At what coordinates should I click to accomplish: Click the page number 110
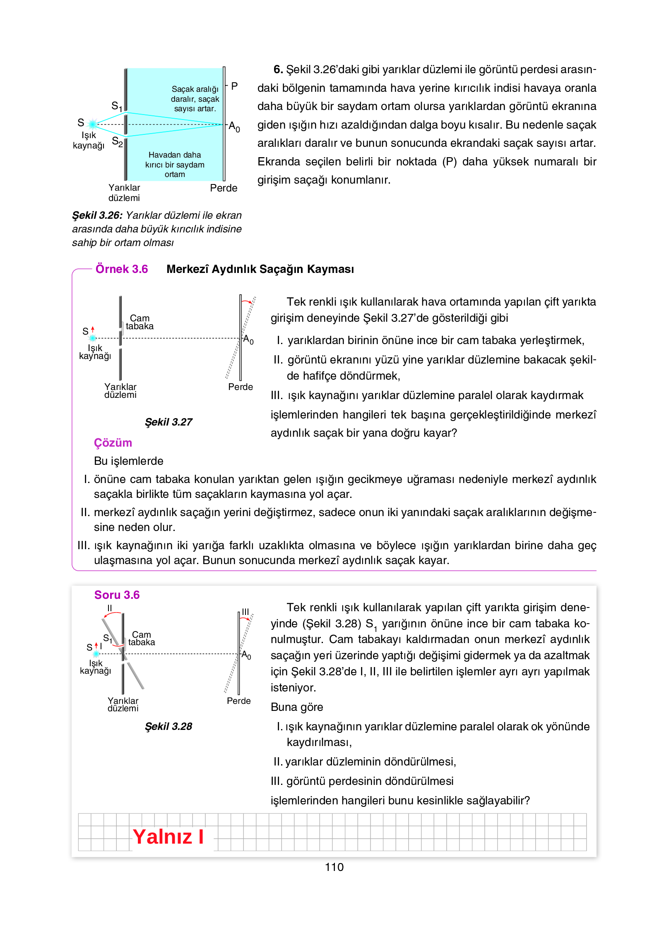pos(334,867)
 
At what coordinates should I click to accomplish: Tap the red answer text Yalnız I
pos(168,837)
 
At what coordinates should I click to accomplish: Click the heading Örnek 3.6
pos(121,269)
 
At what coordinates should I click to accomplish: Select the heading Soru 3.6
pos(117,595)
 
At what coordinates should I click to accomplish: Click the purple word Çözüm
pos(113,442)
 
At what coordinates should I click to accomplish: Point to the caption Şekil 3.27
pos(168,422)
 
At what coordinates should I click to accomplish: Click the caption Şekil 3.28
pos(168,726)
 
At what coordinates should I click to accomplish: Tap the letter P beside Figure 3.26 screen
pos(234,86)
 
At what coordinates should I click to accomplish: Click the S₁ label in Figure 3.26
pos(117,106)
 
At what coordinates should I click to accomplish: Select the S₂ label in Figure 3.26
pos(117,142)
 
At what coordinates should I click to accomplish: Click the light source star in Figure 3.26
pos(93,124)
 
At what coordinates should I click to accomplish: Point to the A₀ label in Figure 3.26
pos(234,127)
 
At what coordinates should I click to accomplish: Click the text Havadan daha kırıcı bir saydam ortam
pos(175,164)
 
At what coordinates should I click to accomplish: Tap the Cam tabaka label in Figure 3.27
pos(140,322)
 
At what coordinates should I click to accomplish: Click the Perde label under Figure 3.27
pos(240,387)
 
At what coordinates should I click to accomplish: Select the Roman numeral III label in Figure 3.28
pos(245,611)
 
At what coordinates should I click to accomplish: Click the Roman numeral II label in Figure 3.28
pos(109,608)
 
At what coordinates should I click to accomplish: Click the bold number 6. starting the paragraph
pos(278,69)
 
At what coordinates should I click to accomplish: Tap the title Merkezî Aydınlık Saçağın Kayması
pos(260,269)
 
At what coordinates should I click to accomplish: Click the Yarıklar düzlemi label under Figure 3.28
pos(123,704)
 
